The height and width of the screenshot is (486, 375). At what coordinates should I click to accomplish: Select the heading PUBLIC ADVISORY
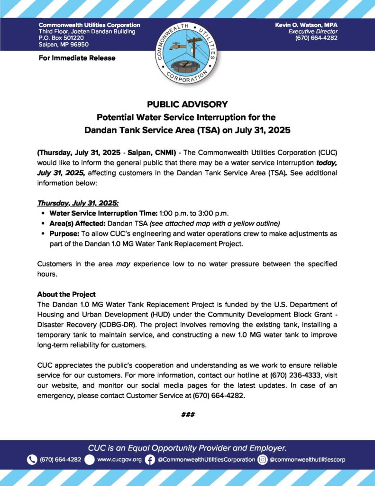tap(187, 104)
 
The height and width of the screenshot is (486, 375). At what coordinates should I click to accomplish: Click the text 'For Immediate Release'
tap(77, 58)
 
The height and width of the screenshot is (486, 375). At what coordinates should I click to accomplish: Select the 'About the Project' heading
tap(66, 294)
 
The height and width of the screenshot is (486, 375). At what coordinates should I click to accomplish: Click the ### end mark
tap(188, 414)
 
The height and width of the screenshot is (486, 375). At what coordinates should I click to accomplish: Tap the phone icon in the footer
tap(32, 459)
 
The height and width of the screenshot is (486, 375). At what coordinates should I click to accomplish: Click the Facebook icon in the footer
tap(150, 459)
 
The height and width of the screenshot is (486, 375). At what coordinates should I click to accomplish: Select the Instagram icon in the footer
tap(262, 459)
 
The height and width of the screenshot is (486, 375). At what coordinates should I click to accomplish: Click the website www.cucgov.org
tap(119, 459)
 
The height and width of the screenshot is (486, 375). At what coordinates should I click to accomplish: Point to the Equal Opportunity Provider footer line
tap(187, 448)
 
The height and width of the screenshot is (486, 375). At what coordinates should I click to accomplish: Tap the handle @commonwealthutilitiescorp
tap(307, 459)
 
